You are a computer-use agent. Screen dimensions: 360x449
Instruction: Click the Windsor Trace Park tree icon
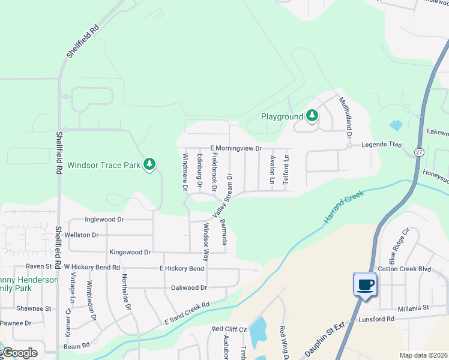coord(149,164)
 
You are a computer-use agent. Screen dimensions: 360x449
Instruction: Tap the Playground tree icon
coord(312,116)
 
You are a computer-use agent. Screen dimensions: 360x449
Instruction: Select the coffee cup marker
coord(365,284)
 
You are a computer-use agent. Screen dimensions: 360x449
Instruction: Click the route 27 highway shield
coord(418,152)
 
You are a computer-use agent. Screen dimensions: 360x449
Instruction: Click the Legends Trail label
coord(380,145)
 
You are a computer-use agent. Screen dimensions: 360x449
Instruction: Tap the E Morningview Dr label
coord(236,148)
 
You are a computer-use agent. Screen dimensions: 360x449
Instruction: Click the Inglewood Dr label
coord(104,220)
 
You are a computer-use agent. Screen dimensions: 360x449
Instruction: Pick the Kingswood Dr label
coord(130,253)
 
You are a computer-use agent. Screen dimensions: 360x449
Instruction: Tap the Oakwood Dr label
coord(189,287)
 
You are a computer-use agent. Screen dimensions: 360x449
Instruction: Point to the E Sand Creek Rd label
coord(187,314)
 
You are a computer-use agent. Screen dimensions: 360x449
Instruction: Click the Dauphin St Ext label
coord(328,337)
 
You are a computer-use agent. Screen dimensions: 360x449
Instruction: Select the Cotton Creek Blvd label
coord(403,269)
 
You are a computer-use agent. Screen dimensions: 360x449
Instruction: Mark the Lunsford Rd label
coord(376,319)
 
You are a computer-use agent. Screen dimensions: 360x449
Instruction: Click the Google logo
coord(19,352)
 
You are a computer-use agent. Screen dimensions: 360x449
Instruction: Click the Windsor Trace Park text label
coord(103,165)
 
